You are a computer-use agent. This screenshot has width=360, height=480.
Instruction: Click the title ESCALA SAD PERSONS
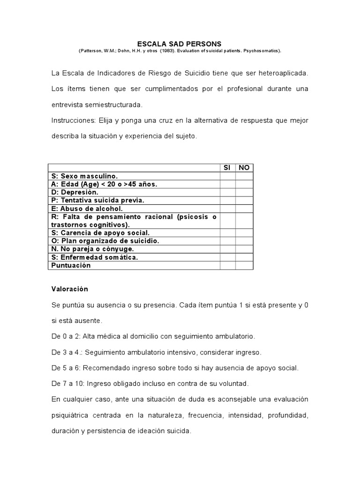180,44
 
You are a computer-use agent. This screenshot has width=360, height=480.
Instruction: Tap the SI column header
227,168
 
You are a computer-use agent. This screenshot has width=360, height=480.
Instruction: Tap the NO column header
244,168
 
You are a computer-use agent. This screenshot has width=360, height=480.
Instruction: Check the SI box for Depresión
227,192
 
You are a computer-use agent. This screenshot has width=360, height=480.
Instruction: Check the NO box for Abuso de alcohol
244,209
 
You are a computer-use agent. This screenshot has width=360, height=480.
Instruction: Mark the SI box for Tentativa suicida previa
227,200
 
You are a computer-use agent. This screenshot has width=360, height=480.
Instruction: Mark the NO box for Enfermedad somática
244,257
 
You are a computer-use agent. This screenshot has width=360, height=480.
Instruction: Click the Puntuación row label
71,265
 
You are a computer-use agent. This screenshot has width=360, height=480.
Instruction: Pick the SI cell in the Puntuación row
227,265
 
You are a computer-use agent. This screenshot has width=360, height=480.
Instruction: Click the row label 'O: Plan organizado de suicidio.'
105,240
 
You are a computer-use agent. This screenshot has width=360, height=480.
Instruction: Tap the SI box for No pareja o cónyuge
227,249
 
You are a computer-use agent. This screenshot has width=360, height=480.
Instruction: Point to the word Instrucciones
73,120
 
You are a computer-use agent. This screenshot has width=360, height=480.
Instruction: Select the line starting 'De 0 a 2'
153,337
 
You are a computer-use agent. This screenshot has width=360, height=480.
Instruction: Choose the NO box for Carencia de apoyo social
244,232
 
